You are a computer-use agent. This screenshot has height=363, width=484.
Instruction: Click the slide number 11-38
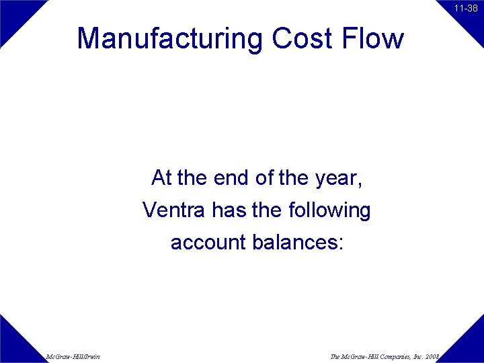tap(465, 9)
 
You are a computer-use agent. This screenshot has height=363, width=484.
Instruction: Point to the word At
tap(161, 178)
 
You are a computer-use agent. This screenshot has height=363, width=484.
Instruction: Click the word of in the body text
tap(265, 178)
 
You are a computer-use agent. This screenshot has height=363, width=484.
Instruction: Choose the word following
tap(329, 211)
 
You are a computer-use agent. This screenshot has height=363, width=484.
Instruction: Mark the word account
tap(208, 242)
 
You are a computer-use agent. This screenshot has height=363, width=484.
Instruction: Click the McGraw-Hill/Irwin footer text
tap(73, 356)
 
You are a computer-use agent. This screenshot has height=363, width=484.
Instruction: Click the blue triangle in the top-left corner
tap(15, 15)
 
